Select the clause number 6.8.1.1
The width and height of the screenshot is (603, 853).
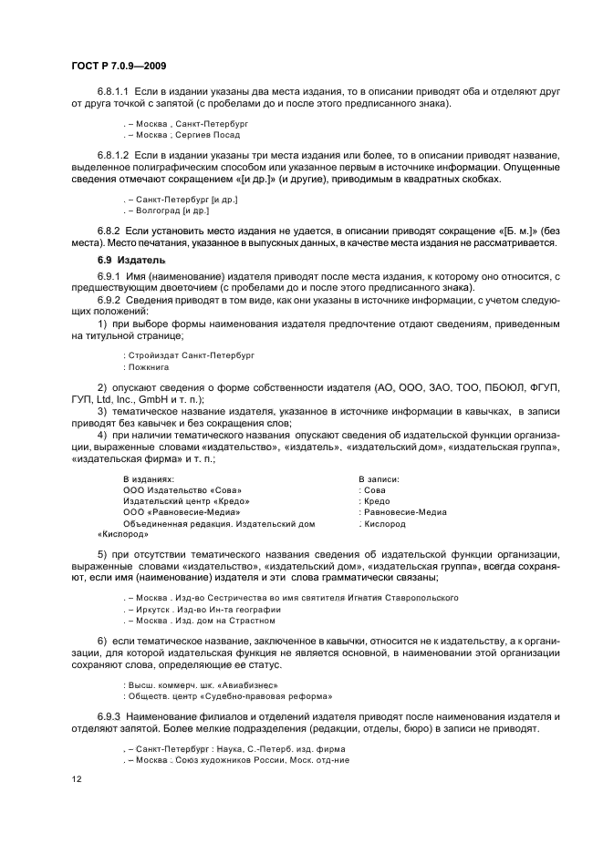(115, 92)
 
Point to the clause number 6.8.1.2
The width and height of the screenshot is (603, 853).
(115, 156)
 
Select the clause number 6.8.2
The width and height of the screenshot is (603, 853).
(109, 231)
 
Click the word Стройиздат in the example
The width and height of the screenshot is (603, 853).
(152, 354)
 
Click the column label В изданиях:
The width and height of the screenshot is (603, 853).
(149, 477)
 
